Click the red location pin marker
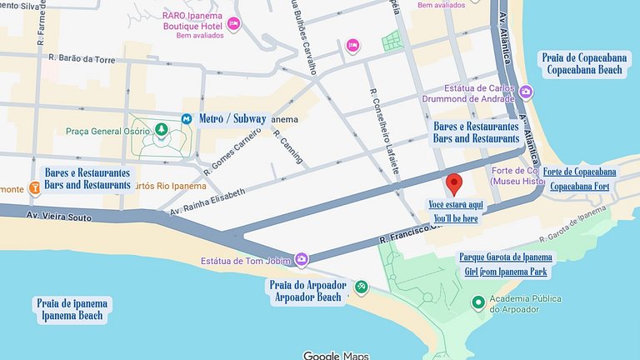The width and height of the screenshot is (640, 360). [x=454, y=183]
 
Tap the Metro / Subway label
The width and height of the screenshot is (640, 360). [x=232, y=118]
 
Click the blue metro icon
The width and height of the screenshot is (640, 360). [x=187, y=118]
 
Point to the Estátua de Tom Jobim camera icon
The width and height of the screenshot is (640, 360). [x=301, y=260]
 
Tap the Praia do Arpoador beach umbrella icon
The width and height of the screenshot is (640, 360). [x=361, y=287]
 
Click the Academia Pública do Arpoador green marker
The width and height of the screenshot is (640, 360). [x=478, y=302]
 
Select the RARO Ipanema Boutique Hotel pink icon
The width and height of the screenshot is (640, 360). [x=233, y=23]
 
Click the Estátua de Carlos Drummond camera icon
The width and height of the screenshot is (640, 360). [x=526, y=92]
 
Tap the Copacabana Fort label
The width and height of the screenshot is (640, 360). [x=579, y=187]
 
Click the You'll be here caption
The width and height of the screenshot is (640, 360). [x=455, y=218]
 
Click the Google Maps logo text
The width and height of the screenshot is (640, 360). [x=335, y=355]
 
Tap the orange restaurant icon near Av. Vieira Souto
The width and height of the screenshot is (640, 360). [x=34, y=188]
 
